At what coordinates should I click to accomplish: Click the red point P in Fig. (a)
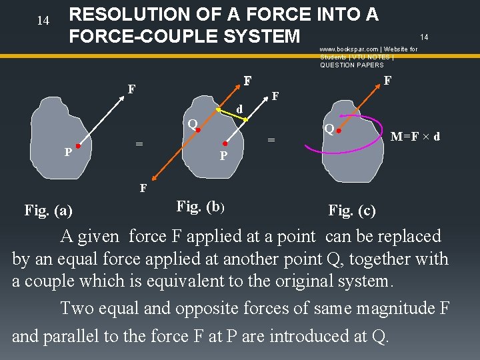coord(78,145)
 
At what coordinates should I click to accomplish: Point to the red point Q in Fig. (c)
coord(339,131)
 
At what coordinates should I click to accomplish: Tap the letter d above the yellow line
coord(239,107)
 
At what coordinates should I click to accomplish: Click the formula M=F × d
coord(415,137)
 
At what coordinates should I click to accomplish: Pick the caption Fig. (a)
coord(49,211)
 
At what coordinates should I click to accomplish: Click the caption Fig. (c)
coord(352,211)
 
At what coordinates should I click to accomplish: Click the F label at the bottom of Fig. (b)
coord(143,189)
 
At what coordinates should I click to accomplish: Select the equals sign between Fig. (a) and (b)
coord(139,143)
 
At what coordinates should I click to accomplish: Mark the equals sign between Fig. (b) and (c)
coord(271,139)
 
